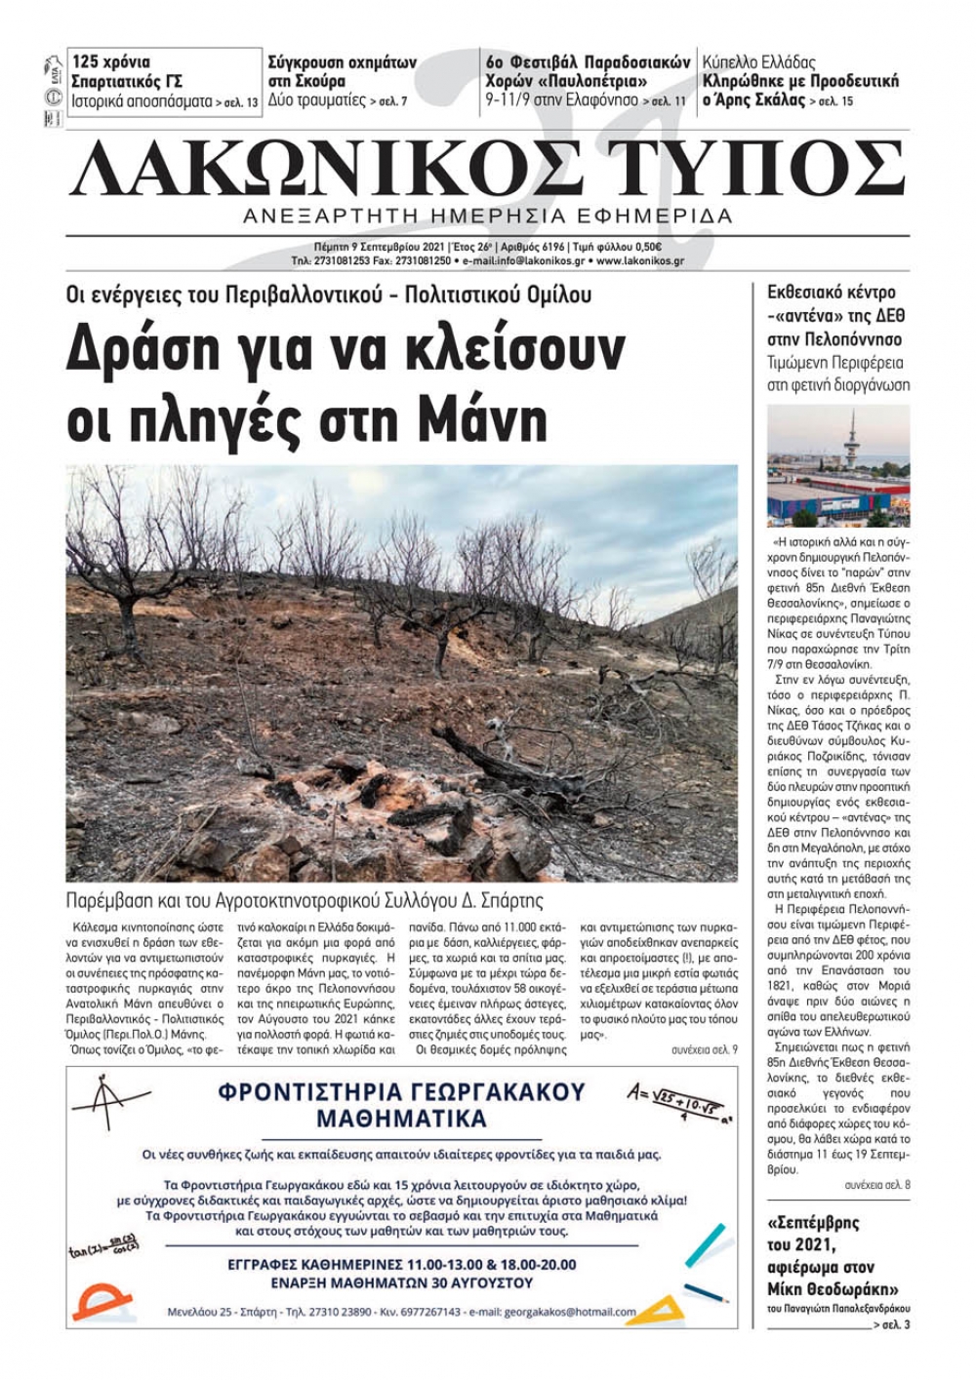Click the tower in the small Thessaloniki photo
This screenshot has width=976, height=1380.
tap(851, 444)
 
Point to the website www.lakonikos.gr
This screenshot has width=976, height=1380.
tap(639, 261)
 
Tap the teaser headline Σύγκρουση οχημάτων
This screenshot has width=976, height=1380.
tap(343, 62)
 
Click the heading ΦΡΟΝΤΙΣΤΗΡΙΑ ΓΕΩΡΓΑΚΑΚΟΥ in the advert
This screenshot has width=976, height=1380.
tap(401, 1091)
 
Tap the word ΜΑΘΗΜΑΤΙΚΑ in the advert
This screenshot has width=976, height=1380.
tap(401, 1118)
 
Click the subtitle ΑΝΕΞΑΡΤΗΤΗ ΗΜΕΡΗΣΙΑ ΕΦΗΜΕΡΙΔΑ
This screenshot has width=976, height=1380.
tap(488, 216)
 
